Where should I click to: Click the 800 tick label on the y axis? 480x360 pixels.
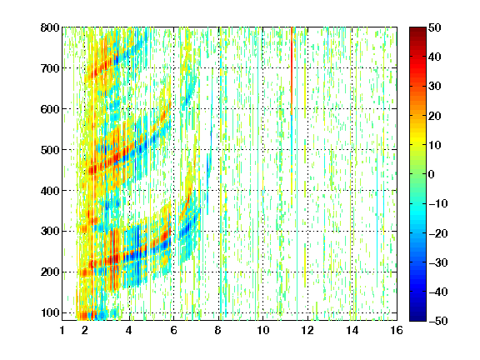pyautogui.click(x=50, y=27)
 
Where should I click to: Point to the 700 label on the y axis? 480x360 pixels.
pyautogui.click(x=50, y=68)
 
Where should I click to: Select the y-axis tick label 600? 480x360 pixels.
pyautogui.click(x=50, y=109)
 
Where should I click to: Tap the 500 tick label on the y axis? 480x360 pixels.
pyautogui.click(x=50, y=150)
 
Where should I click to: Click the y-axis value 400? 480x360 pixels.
pyautogui.click(x=50, y=191)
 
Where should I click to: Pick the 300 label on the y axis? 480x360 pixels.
pyautogui.click(x=50, y=232)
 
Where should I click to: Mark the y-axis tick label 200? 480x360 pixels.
pyautogui.click(x=50, y=272)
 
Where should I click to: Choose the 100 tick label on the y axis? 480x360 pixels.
pyautogui.click(x=50, y=312)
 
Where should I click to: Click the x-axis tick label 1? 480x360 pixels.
pyautogui.click(x=62, y=330)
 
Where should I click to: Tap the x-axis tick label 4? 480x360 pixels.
pyautogui.click(x=129, y=330)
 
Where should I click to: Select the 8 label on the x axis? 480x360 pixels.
pyautogui.click(x=218, y=330)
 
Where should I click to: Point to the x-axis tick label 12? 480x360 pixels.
pyautogui.click(x=307, y=330)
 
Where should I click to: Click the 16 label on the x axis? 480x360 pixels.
pyautogui.click(x=397, y=330)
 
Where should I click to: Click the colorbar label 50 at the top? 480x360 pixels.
pyautogui.click(x=435, y=27)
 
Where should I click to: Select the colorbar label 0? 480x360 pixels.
pyautogui.click(x=432, y=174)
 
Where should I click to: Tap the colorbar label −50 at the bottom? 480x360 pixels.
pyautogui.click(x=438, y=321)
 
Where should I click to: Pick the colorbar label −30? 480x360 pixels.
pyautogui.click(x=438, y=262)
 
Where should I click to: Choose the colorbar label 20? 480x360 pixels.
pyautogui.click(x=435, y=116)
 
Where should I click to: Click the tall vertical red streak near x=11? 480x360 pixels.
pyautogui.click(x=292, y=71)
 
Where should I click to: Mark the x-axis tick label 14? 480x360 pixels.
pyautogui.click(x=352, y=330)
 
